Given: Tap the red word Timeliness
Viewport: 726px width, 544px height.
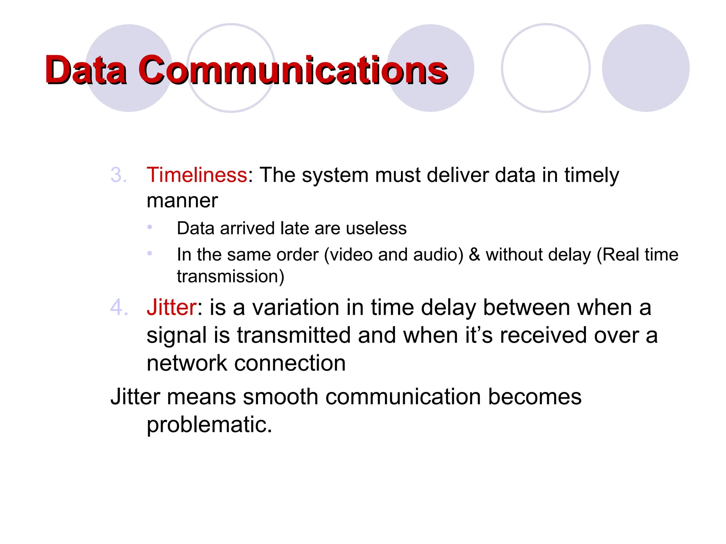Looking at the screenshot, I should tap(197, 175).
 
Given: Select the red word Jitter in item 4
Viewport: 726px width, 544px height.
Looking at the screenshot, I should tap(171, 307).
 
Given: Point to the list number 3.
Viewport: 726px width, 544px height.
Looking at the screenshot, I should tap(118, 175).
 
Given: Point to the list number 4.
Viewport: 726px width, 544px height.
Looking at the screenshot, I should tap(118, 307).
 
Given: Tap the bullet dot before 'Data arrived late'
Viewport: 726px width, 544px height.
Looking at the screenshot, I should tap(150, 227).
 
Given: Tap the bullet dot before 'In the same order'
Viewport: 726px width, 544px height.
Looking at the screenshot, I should tap(150, 253).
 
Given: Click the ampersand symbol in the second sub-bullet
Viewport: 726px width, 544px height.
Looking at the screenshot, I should tap(474, 255).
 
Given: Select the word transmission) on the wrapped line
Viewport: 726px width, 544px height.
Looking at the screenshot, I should tap(230, 277).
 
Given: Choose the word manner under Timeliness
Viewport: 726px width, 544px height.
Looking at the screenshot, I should tap(182, 201).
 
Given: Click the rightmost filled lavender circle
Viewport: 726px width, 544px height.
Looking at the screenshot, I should tap(646, 68).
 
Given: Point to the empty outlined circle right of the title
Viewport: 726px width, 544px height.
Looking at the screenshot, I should tap(546, 68).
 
